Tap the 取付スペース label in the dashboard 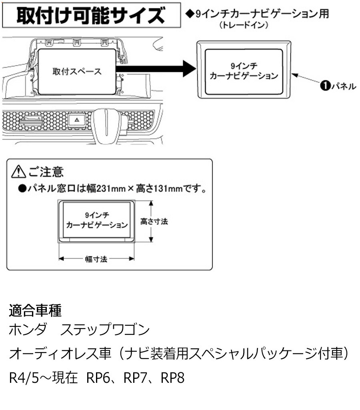point(77,72)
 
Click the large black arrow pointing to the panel point(156,68)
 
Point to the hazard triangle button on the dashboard point(75,118)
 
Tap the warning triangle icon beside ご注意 point(18,172)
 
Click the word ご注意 point(45,172)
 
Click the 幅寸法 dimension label point(96,259)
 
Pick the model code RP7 point(136,378)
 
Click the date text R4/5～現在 point(43,378)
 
